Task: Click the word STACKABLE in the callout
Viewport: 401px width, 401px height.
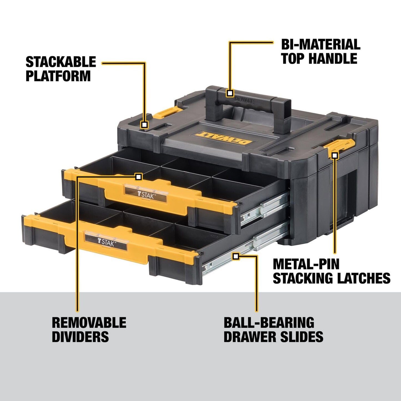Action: [61, 62]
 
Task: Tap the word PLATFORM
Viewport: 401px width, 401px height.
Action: [58, 76]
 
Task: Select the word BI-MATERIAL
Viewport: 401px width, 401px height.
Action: [321, 44]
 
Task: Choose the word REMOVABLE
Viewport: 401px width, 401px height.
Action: [89, 322]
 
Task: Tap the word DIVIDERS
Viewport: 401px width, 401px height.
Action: [80, 337]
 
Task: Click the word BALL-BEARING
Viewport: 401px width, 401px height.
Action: [269, 322]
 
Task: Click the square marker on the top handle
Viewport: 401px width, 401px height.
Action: [230, 93]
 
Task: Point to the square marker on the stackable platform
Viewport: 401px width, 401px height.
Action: [144, 125]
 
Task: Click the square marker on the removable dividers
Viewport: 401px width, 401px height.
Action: [138, 176]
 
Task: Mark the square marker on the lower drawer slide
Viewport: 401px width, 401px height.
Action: [236, 256]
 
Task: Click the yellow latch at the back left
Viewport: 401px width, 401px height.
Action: [165, 113]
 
